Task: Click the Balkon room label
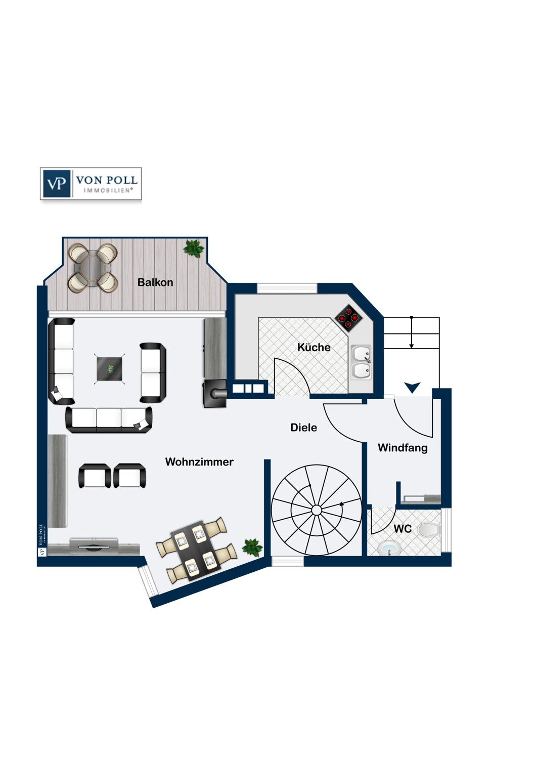(x=155, y=282)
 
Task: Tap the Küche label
(x=314, y=347)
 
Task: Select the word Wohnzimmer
(x=199, y=461)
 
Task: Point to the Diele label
(x=303, y=427)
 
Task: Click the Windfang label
(x=403, y=447)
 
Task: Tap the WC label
(x=403, y=529)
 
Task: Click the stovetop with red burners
(x=349, y=318)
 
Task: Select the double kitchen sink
(x=361, y=362)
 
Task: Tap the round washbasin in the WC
(x=388, y=548)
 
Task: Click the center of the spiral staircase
(x=317, y=510)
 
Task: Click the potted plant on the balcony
(x=194, y=248)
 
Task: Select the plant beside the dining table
(x=252, y=547)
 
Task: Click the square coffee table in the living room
(x=110, y=369)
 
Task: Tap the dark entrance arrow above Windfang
(x=413, y=388)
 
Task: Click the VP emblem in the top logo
(x=57, y=183)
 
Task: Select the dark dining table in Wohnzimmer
(x=197, y=549)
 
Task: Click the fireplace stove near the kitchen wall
(x=215, y=393)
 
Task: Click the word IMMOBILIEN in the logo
(x=108, y=190)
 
